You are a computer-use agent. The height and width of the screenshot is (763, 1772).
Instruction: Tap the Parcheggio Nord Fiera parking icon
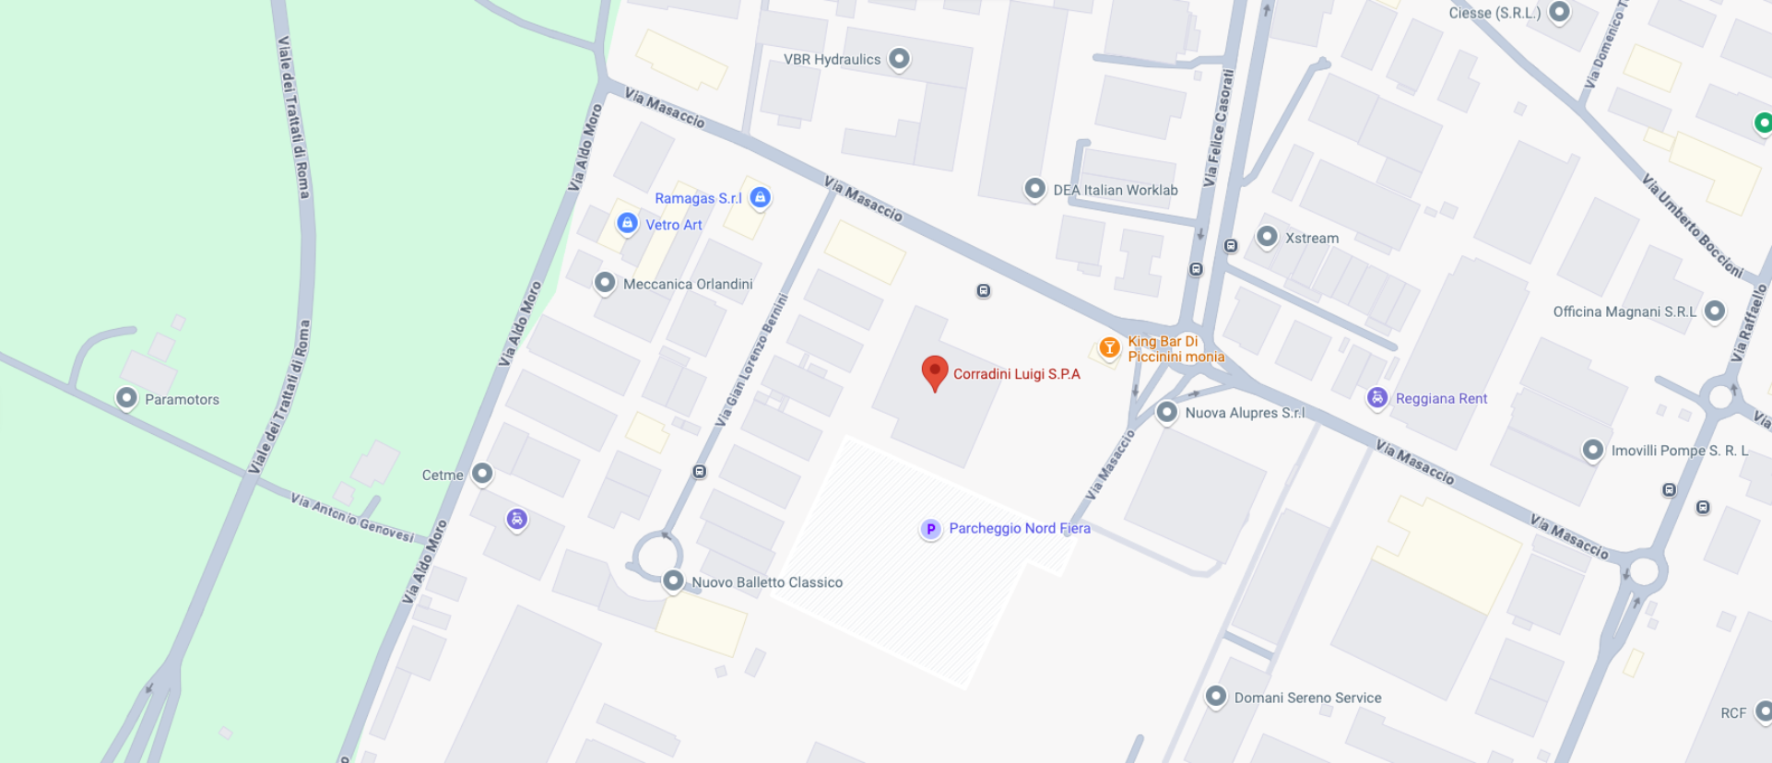[x=930, y=529]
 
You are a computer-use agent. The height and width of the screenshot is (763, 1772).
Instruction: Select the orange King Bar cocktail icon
[x=1109, y=347]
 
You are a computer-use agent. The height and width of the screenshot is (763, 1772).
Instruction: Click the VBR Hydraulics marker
[x=899, y=59]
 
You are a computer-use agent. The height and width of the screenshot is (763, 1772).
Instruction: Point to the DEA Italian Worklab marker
[x=1034, y=189]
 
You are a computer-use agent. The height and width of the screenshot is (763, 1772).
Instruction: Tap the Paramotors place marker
[x=126, y=398]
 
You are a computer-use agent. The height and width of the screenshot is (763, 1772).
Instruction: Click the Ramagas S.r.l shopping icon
[x=760, y=197]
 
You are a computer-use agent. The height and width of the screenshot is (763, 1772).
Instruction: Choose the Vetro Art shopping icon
[x=627, y=223]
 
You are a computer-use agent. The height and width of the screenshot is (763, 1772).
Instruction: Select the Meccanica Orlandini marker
[x=605, y=283]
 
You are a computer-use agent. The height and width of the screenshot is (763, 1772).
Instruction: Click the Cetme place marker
[x=482, y=474]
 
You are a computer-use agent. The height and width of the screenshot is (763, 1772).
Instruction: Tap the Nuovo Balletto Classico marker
[x=673, y=581]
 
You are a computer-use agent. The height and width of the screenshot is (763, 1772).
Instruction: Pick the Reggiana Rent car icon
[x=1376, y=397]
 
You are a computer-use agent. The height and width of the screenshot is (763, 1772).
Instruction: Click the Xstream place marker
[x=1267, y=237]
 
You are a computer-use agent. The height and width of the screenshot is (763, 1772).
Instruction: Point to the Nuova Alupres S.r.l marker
[x=1166, y=412]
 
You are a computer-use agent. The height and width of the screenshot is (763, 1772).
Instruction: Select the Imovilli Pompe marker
[x=1592, y=450]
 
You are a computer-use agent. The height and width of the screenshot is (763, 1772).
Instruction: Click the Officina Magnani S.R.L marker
[x=1714, y=311]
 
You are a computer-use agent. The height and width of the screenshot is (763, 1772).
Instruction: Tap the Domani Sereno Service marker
[x=1215, y=697]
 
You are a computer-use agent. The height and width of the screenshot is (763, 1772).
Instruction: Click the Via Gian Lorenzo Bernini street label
[x=751, y=360]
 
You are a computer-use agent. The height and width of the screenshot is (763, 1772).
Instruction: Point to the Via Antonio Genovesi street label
[x=353, y=517]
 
